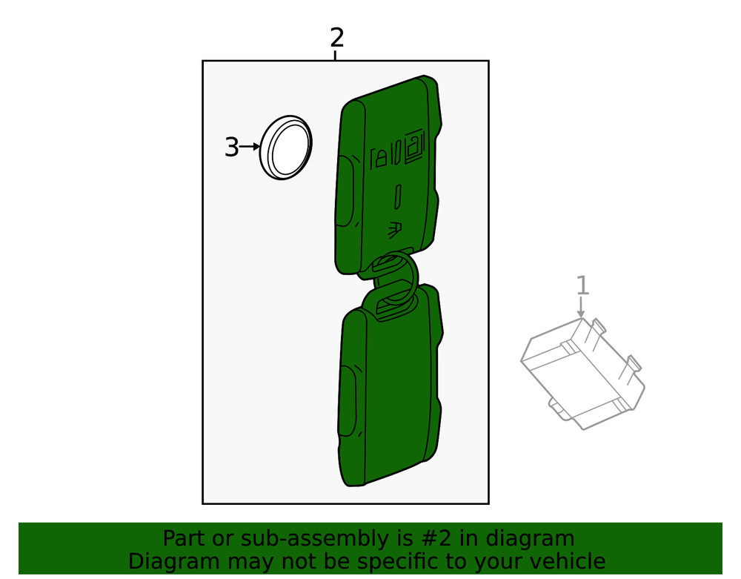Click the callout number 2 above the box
337,36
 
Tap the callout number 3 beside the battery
232,148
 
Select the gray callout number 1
582,285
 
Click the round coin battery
286,148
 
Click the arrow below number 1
582,308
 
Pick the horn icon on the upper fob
394,230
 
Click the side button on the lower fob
348,400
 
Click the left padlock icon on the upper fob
380,156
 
